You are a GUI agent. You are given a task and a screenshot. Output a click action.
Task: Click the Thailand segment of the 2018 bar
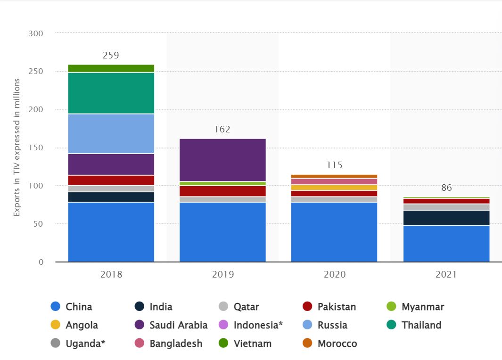(111, 93)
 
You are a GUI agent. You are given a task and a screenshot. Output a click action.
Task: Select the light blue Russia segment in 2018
(111, 134)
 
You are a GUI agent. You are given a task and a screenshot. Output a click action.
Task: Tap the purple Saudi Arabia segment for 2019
(222, 160)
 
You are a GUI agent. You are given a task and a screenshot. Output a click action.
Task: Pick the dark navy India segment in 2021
(446, 218)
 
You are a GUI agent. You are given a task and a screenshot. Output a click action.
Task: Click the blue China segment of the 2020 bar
(334, 232)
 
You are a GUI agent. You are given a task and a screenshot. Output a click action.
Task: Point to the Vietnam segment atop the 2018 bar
(111, 68)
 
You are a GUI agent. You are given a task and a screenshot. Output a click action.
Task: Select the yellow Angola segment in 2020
(334, 188)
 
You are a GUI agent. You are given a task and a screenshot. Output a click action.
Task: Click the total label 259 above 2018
(111, 55)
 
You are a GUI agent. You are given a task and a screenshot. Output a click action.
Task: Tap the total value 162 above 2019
(222, 129)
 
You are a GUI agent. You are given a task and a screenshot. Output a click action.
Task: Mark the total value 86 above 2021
(446, 188)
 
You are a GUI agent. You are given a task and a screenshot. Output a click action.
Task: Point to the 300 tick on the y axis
(35, 33)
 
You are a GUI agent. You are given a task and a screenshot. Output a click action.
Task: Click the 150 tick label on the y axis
(35, 147)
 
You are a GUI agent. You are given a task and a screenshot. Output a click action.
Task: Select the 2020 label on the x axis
(335, 274)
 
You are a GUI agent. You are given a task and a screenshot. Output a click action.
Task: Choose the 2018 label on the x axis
(111, 274)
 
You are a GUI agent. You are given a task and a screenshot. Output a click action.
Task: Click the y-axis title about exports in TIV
(16, 147)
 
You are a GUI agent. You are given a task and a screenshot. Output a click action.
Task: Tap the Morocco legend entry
(330, 344)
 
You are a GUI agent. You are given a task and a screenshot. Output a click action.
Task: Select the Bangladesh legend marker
(139, 343)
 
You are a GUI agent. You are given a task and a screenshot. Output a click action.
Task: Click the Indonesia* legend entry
(251, 325)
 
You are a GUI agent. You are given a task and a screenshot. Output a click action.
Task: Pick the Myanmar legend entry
(415, 307)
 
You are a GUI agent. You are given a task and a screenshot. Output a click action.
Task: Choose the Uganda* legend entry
(78, 344)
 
